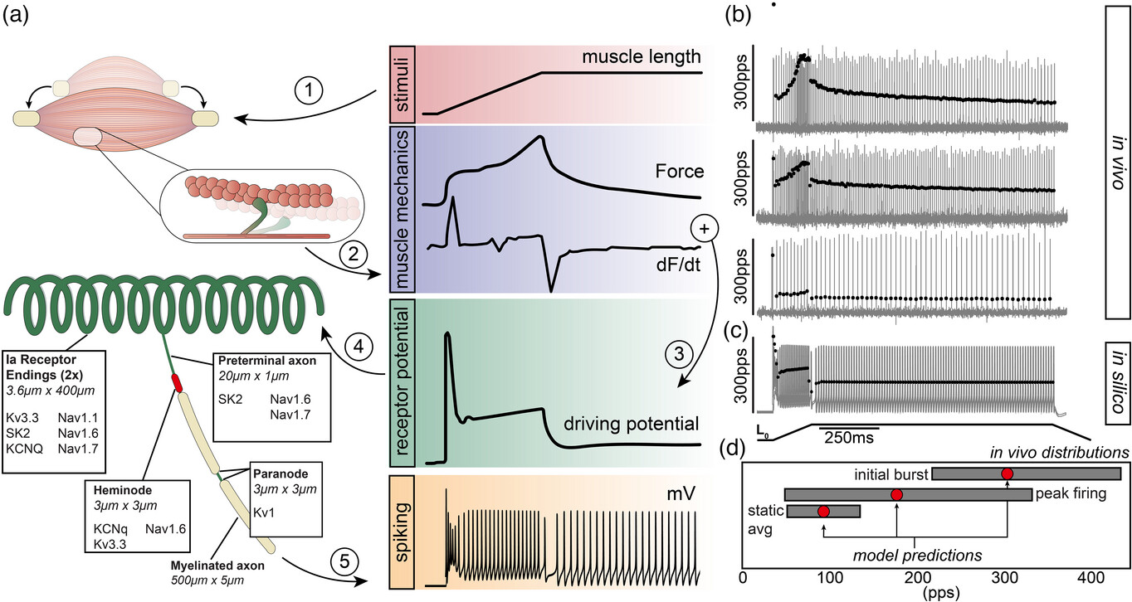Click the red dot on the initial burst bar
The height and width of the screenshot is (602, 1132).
click(x=1008, y=473)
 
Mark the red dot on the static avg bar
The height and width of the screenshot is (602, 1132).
click(x=823, y=512)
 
